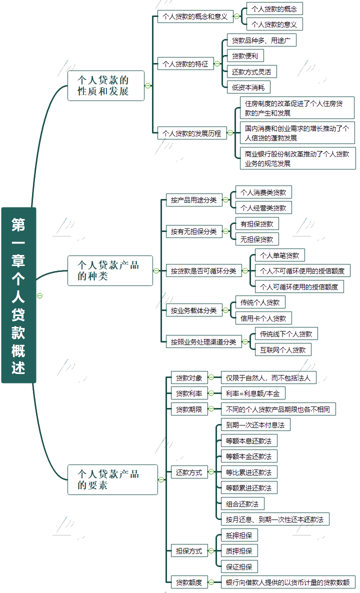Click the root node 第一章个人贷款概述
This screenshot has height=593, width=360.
(18, 295)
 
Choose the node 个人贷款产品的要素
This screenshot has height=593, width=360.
(112, 479)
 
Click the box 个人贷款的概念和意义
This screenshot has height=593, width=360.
(194, 16)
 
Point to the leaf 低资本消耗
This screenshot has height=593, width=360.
(248, 87)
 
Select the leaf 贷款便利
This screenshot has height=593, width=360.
(245, 55)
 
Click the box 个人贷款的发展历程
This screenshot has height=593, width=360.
(191, 133)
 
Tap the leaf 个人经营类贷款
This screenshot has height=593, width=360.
(263, 207)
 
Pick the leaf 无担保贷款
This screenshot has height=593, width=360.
(257, 239)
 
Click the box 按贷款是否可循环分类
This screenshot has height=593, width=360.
(203, 271)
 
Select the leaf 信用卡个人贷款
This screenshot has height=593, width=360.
(263, 318)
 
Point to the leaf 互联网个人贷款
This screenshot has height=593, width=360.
(283, 349)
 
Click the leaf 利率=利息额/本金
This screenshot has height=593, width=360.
(252, 393)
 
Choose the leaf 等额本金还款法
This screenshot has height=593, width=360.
(248, 456)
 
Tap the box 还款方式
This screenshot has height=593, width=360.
(189, 472)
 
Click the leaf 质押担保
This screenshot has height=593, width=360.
(239, 550)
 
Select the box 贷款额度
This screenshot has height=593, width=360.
(189, 582)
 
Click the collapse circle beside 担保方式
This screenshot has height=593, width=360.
(211, 551)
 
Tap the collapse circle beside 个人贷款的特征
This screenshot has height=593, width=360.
(217, 64)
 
